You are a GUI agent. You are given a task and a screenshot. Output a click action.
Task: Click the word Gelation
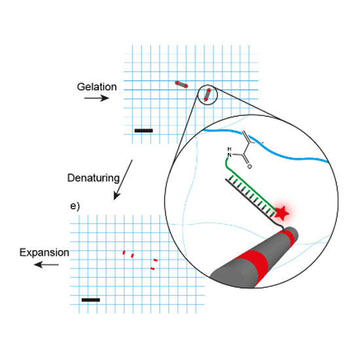[97, 87]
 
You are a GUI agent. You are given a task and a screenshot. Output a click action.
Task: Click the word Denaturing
[94, 178]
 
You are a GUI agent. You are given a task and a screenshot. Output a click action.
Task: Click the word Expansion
[45, 253]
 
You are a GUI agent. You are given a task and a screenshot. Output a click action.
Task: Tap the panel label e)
[75, 206]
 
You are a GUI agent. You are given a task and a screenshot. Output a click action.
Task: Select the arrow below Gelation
[96, 98]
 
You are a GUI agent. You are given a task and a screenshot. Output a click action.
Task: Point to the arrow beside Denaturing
[123, 180]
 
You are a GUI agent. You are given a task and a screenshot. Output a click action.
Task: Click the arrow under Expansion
[46, 264]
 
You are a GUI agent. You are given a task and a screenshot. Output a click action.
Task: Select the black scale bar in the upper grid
[144, 131]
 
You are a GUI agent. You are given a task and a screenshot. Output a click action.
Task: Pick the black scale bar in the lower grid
[91, 300]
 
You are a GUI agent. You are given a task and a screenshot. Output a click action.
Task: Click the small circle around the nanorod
[207, 85]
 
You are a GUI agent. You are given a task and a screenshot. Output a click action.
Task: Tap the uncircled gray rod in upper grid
[181, 84]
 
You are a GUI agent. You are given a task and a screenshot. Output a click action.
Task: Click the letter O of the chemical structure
[249, 166]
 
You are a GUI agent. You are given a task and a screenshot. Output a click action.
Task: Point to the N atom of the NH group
[229, 155]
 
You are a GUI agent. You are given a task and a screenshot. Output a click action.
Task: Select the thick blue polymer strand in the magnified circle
[266, 147]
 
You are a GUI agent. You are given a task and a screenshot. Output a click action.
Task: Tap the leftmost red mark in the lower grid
[124, 253]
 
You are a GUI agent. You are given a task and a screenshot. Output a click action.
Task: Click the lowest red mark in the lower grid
[153, 268]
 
